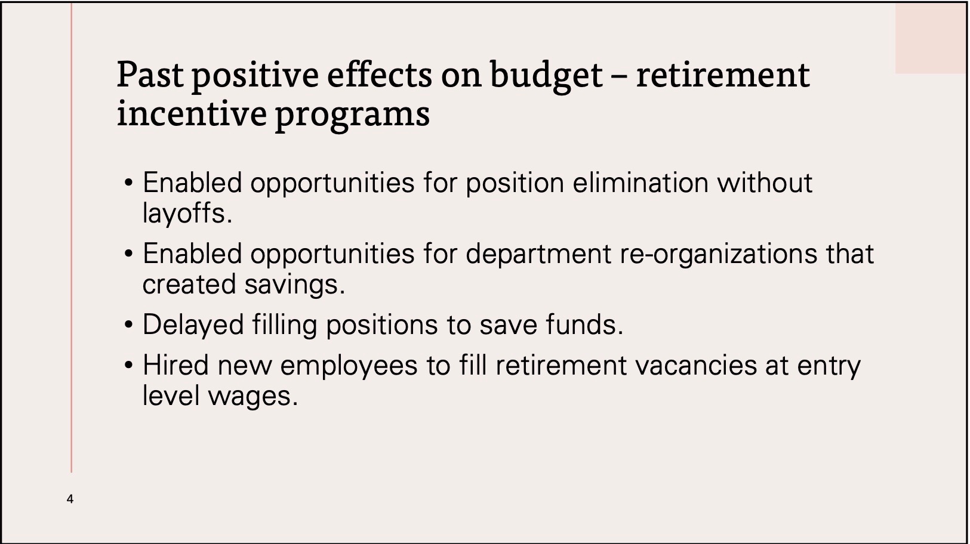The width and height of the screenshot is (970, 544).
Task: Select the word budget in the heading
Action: tap(547, 76)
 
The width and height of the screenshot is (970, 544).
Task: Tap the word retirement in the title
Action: tap(723, 75)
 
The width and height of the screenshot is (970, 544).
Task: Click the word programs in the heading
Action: tap(353, 116)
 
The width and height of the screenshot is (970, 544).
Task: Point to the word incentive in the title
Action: tap(192, 113)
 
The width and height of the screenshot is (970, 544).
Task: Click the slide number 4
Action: tap(70, 499)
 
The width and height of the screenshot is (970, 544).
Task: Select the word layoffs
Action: tap(187, 214)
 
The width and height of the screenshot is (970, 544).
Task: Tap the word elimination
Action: tap(640, 183)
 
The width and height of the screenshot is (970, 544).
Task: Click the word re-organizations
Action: tap(719, 255)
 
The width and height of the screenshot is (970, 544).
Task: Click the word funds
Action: tap(584, 324)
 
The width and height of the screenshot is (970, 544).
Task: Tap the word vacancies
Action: tap(696, 366)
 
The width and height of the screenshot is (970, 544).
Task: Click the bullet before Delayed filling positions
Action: tap(128, 325)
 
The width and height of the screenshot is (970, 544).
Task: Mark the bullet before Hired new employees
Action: tap(128, 366)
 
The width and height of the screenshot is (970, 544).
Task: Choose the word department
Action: tap(538, 255)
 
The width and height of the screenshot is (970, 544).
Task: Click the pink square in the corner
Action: tap(931, 38)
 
